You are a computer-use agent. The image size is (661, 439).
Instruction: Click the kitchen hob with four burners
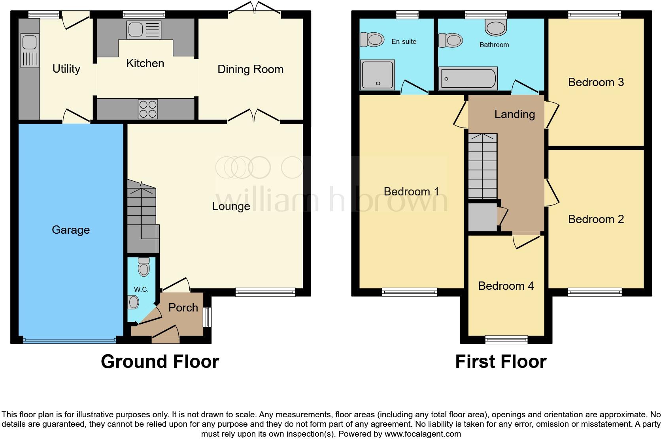(x=148, y=109)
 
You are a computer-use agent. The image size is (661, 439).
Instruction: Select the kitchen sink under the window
(x=144, y=30)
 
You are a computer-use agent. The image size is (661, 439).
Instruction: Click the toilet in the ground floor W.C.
(x=144, y=268)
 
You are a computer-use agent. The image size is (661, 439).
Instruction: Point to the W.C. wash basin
(x=134, y=303)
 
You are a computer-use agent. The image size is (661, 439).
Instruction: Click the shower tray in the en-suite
(x=378, y=74)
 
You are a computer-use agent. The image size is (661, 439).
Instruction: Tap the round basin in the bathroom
(x=496, y=28)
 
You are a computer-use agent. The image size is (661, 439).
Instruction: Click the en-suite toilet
(x=372, y=39)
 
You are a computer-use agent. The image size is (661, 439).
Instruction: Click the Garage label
(x=71, y=230)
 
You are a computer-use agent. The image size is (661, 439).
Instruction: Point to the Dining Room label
(x=250, y=69)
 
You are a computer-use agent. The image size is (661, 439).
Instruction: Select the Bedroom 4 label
(x=506, y=286)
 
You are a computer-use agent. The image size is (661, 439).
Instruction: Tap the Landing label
(x=514, y=114)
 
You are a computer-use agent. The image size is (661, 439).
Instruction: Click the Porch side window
(x=207, y=317)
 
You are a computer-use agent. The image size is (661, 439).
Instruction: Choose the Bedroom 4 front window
(x=506, y=339)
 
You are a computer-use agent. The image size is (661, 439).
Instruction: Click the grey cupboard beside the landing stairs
(x=483, y=217)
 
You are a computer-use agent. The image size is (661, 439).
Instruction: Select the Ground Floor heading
(x=160, y=362)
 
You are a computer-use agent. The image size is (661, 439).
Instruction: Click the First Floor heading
(x=500, y=362)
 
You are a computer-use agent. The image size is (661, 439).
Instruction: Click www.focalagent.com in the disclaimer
(x=422, y=434)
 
